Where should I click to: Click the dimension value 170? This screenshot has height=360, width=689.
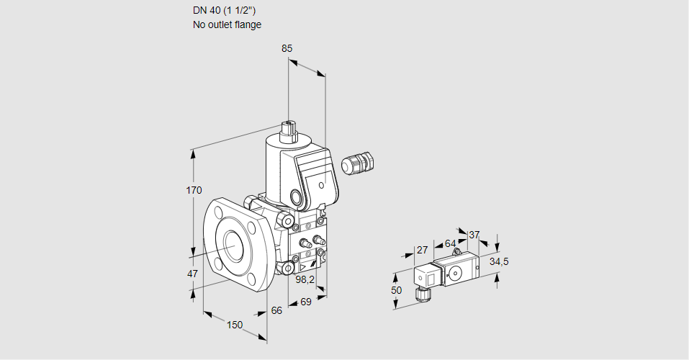[194, 191]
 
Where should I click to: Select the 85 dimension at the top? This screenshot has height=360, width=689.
[287, 49]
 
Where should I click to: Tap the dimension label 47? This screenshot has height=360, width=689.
[192, 274]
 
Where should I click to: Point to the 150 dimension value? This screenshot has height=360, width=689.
[235, 325]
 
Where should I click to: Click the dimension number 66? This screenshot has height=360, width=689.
[277, 310]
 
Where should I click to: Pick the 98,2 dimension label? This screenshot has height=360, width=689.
[306, 279]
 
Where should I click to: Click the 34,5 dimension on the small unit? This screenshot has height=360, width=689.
[498, 261]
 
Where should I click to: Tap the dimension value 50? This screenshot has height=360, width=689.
[397, 290]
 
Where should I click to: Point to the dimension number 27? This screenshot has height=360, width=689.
[423, 250]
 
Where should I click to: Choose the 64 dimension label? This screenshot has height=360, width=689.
[450, 243]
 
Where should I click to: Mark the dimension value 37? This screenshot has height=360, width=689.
[474, 235]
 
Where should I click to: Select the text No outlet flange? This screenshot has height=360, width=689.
[227, 24]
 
